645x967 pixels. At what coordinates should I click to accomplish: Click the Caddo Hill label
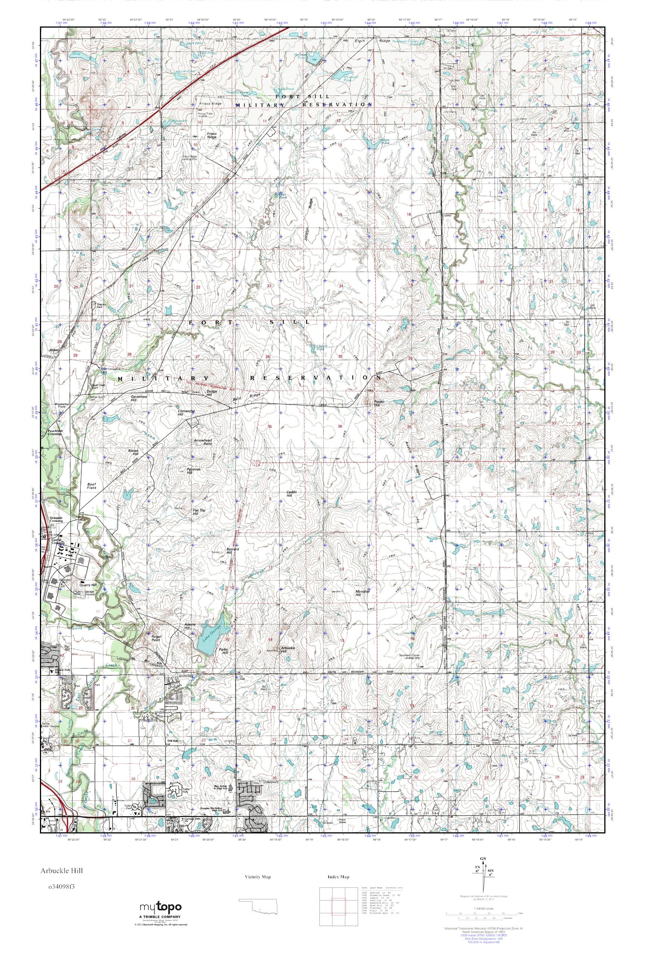pyautogui.click(x=291, y=494)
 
